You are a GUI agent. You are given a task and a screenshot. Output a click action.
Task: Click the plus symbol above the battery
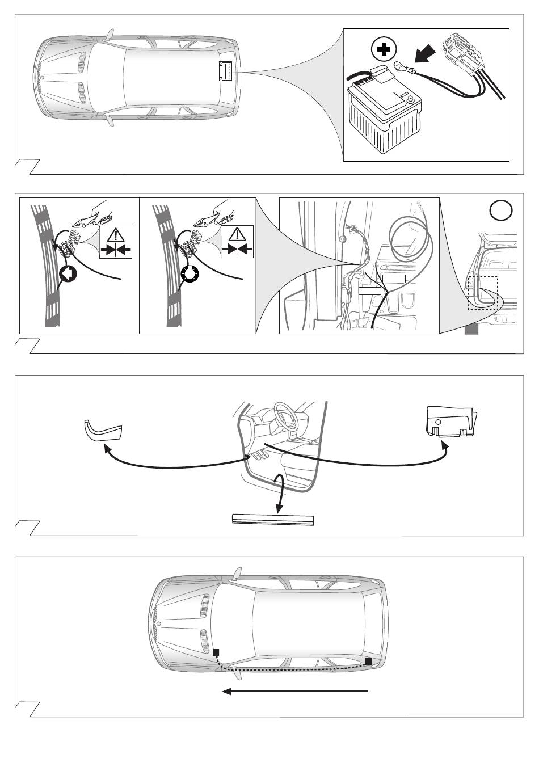(x=384, y=50)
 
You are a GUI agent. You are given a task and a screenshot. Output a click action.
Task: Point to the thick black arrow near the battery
(x=426, y=54)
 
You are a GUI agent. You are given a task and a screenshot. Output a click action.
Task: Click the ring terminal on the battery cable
(x=399, y=68)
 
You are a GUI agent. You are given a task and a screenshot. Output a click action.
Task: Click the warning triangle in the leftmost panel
(x=115, y=235)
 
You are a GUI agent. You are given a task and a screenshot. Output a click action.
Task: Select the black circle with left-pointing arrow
(x=66, y=273)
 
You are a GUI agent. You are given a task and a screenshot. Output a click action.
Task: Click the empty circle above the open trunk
(x=500, y=210)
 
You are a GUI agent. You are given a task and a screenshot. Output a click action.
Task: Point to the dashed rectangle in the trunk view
(x=483, y=293)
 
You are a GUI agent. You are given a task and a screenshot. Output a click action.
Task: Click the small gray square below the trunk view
(x=471, y=329)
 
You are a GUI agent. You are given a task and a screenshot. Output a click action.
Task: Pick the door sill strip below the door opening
(x=273, y=520)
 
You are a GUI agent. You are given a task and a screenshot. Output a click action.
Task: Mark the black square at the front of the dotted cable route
(x=216, y=652)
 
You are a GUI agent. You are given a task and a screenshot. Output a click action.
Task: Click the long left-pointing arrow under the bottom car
(x=295, y=691)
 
